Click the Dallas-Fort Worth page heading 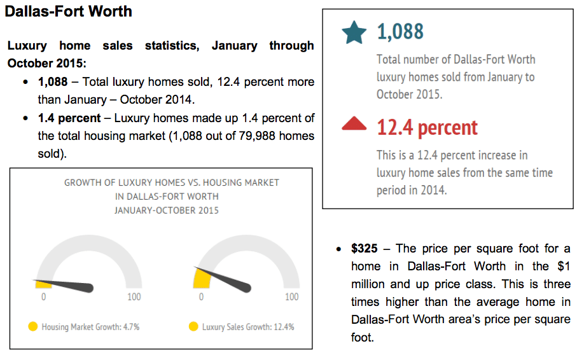[69, 11]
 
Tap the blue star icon [354, 32]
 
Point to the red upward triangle [354, 123]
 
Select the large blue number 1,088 [400, 31]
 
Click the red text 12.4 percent [427, 128]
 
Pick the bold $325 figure [365, 248]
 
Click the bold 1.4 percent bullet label [69, 118]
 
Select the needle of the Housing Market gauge [64, 284]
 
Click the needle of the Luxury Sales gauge [223, 279]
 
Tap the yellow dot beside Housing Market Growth [33, 326]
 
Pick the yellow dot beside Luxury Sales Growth [193, 326]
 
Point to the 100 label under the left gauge [134, 296]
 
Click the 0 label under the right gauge [201, 296]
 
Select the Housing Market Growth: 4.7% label [90, 327]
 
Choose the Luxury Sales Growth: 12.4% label [248, 327]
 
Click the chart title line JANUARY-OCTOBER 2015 [167, 211]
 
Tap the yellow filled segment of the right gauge [202, 279]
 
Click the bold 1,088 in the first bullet [53, 82]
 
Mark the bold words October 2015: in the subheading [47, 64]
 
